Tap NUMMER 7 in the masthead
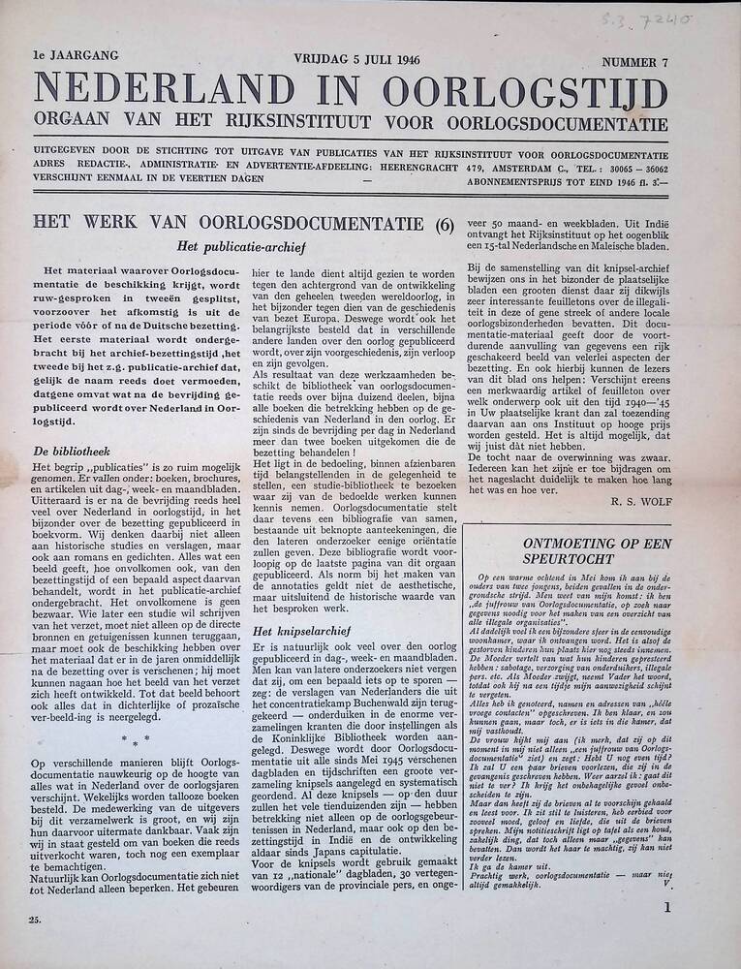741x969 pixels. (x=634, y=63)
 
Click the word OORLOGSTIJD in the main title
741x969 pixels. (x=525, y=93)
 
